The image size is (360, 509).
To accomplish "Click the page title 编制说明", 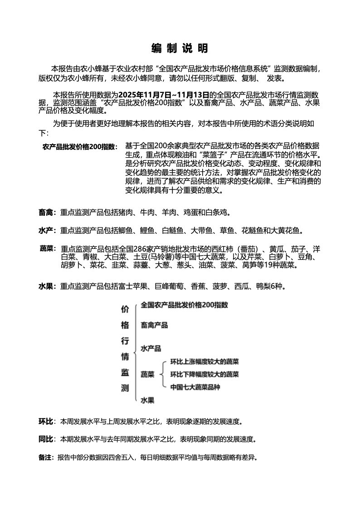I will (180, 48).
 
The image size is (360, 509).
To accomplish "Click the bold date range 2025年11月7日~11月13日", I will (165, 95).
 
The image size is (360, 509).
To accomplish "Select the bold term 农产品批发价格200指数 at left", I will (80, 146).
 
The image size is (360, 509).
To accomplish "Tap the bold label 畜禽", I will (47, 212).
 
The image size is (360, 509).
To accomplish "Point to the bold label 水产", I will (47, 231).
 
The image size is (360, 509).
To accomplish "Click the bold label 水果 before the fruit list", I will (47, 286).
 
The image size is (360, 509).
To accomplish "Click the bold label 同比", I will (46, 439).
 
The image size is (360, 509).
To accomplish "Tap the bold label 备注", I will (46, 457).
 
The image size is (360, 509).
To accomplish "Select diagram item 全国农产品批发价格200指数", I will (184, 305).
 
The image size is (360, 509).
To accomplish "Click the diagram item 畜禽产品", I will (154, 325).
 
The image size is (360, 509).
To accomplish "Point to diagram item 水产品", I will (151, 349).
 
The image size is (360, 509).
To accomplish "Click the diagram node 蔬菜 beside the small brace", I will (147, 374).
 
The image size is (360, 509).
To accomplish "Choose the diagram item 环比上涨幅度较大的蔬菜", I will (204, 362).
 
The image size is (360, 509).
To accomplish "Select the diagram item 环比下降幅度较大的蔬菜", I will (204, 374).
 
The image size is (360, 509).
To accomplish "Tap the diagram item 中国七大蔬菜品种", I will (195, 388).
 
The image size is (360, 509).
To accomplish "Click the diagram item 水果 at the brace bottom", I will (147, 400).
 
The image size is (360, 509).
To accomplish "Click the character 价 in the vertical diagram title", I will (125, 309).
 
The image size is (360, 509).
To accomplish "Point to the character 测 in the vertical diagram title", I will (125, 388).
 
